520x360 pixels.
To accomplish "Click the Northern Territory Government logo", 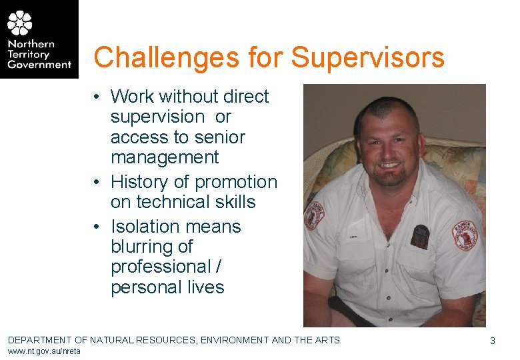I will (39, 39).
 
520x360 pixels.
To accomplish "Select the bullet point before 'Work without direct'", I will (97, 97).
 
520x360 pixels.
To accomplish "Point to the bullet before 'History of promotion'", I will (97, 182).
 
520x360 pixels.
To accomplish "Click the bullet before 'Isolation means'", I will (97, 227).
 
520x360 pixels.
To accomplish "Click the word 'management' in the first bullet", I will (165, 157).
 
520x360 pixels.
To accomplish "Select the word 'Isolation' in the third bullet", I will (145, 226).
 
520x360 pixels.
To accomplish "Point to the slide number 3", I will (492, 341).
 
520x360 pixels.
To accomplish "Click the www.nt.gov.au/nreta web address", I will (44, 351).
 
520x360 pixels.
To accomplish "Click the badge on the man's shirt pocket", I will (420, 235).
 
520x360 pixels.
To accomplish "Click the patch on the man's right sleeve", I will (313, 215).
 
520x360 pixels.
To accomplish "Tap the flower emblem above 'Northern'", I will (19, 23).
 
